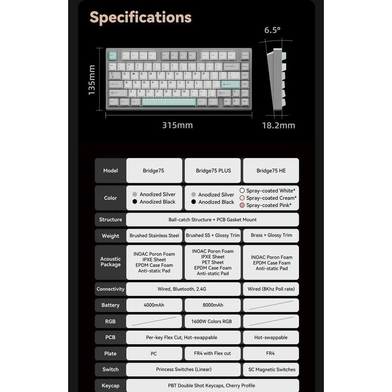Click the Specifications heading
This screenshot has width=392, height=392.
tap(141, 18)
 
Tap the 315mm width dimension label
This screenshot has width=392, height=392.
tap(178, 125)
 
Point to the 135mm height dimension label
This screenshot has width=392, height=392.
tap(92, 80)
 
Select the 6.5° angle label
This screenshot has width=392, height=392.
tap(272, 30)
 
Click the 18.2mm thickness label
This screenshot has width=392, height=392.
tap(279, 126)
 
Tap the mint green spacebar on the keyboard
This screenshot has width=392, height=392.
tap(169, 102)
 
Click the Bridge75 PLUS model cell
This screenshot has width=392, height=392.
tap(213, 171)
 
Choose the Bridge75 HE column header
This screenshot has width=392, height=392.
tap(271, 171)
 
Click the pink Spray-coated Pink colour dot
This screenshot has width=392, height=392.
tap(242, 205)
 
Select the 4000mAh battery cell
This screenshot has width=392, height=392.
tap(154, 305)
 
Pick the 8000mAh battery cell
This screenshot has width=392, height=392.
tap(213, 305)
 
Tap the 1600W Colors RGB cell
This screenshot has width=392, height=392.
tap(213, 321)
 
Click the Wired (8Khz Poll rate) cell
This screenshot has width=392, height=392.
tap(271, 289)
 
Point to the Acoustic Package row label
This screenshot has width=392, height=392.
tap(110, 262)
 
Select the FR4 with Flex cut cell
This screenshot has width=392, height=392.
tap(213, 353)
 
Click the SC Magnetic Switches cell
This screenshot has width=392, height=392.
tap(271, 370)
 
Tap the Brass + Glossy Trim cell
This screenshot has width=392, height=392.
tap(271, 236)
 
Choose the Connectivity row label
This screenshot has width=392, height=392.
tap(110, 289)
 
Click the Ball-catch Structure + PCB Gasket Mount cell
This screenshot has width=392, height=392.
tap(213, 220)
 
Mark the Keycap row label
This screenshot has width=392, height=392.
tap(110, 385)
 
